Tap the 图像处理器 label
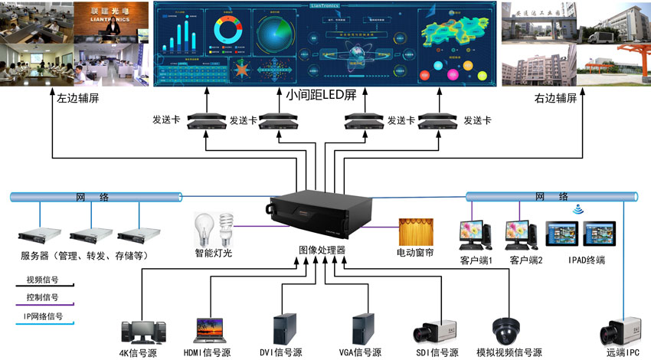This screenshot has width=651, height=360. [x=322, y=250]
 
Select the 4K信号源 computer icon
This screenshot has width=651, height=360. [x=143, y=330]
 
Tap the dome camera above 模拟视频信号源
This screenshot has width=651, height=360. [x=505, y=330]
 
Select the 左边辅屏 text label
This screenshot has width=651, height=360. [x=78, y=99]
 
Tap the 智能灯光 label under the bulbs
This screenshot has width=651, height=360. [x=214, y=251]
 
